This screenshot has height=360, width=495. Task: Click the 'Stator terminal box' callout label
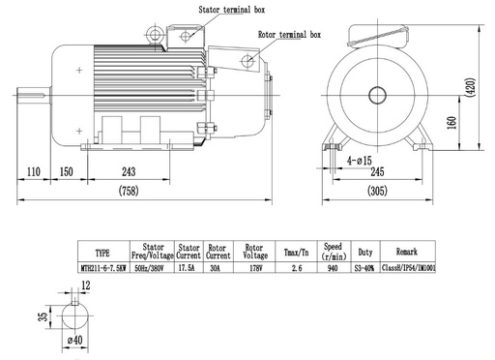point(232,10)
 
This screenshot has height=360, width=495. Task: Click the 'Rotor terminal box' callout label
point(289,35)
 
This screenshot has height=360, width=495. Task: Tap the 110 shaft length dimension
point(34,171)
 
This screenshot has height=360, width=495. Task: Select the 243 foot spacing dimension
point(129,171)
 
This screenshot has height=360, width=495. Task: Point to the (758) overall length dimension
point(129,191)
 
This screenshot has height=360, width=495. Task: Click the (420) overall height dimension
point(471,87)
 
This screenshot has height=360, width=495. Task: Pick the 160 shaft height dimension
point(452,123)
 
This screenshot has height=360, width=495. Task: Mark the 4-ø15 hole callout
point(360,161)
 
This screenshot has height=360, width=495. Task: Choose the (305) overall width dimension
point(377,191)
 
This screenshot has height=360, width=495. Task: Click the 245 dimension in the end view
point(377,171)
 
